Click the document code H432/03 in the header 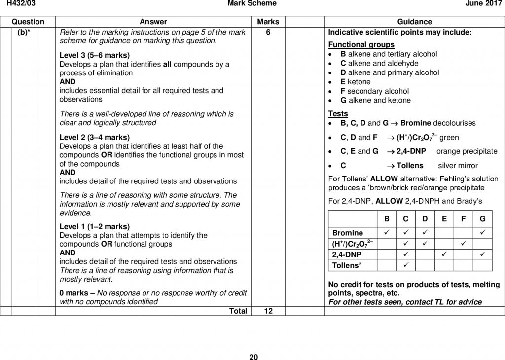click(14, 4)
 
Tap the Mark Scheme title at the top click(252, 4)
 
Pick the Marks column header click(268, 22)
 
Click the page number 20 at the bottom click(253, 357)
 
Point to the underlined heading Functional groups click(358, 44)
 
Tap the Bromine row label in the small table click(348, 233)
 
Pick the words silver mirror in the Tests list click(458, 166)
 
